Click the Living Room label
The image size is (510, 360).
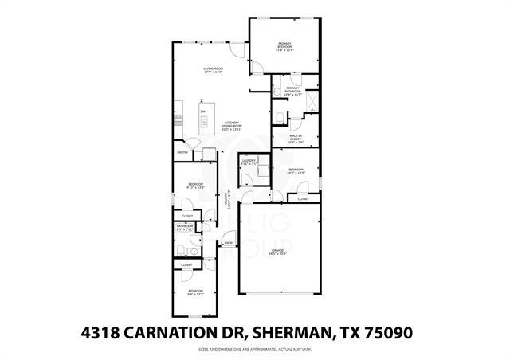coord(212,71)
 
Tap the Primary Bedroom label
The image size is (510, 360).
coord(285,47)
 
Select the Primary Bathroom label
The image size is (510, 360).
coord(292,90)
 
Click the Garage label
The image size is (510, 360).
coord(277,252)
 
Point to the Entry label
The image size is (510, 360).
coord(229,243)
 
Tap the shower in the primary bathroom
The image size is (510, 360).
coord(312,101)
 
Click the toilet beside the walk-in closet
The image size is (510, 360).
coord(278,118)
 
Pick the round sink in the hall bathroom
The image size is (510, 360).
coord(193,252)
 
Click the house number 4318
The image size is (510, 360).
coord(104,331)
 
